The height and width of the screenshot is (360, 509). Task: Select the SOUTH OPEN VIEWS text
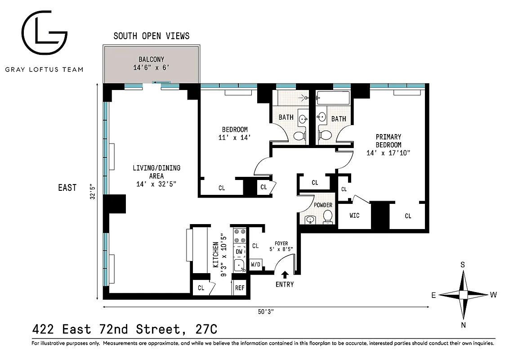(x=151, y=36)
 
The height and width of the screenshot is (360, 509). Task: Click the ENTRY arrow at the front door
(x=285, y=274)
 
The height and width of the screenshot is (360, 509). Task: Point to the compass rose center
(x=463, y=295)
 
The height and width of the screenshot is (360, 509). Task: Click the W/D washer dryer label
(x=255, y=264)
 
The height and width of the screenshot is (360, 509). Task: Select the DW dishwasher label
(x=239, y=252)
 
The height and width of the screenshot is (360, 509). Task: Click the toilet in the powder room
(x=328, y=218)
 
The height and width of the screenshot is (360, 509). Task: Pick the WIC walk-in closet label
(x=354, y=216)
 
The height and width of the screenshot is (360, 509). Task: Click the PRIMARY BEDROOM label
(x=388, y=141)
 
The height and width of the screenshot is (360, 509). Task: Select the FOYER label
(x=279, y=243)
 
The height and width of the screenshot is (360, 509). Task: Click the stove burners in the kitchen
(x=240, y=236)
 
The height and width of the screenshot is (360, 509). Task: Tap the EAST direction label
(x=67, y=188)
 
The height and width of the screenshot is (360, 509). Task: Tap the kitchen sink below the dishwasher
(x=239, y=265)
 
